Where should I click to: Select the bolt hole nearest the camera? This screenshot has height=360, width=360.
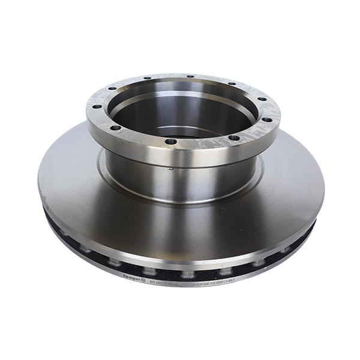172,142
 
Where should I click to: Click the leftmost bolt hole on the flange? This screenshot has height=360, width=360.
96,107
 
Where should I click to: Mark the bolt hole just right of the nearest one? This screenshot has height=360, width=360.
233,137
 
